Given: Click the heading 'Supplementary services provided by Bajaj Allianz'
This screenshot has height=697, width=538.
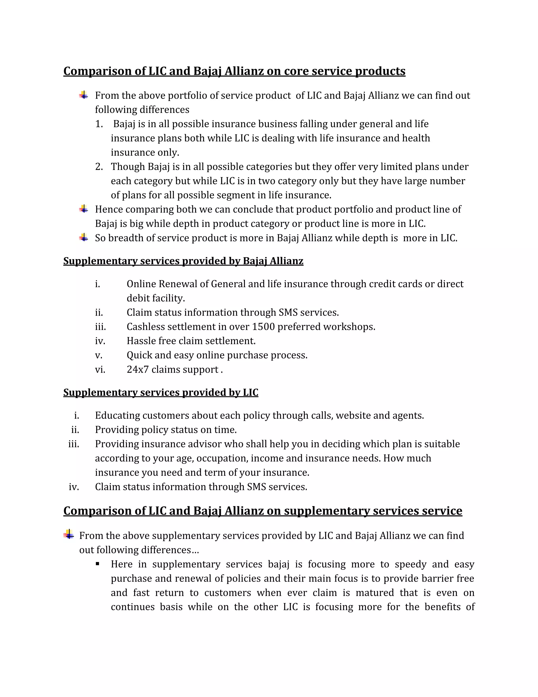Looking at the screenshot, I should click(x=183, y=261).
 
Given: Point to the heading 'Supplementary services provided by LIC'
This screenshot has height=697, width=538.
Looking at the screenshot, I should click(x=161, y=392).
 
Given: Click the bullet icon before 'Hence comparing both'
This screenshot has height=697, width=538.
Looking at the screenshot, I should click(x=84, y=209).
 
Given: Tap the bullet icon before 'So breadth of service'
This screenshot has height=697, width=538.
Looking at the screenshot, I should click(x=84, y=238).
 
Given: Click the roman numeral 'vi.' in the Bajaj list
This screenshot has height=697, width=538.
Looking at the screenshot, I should click(x=100, y=370).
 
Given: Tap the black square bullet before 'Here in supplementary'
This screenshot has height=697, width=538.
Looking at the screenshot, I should click(x=97, y=564).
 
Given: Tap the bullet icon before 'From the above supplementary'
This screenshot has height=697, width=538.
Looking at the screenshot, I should click(x=69, y=534).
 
